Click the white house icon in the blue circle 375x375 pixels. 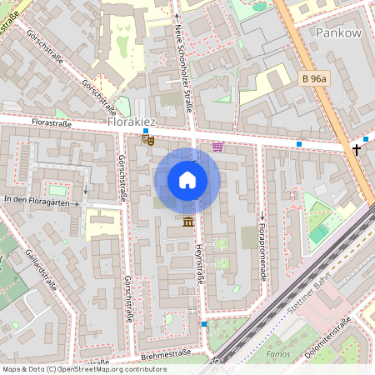click(x=187, y=180)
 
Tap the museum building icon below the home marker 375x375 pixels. click(x=187, y=220)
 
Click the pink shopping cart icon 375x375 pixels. click(x=217, y=147)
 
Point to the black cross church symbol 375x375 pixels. click(x=357, y=149)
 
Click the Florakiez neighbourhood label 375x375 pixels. click(x=132, y=122)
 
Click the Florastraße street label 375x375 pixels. click(x=49, y=124)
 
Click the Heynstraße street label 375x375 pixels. click(x=200, y=263)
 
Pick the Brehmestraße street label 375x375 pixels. click(x=166, y=354)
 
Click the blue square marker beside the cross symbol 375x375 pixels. click(x=366, y=139)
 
